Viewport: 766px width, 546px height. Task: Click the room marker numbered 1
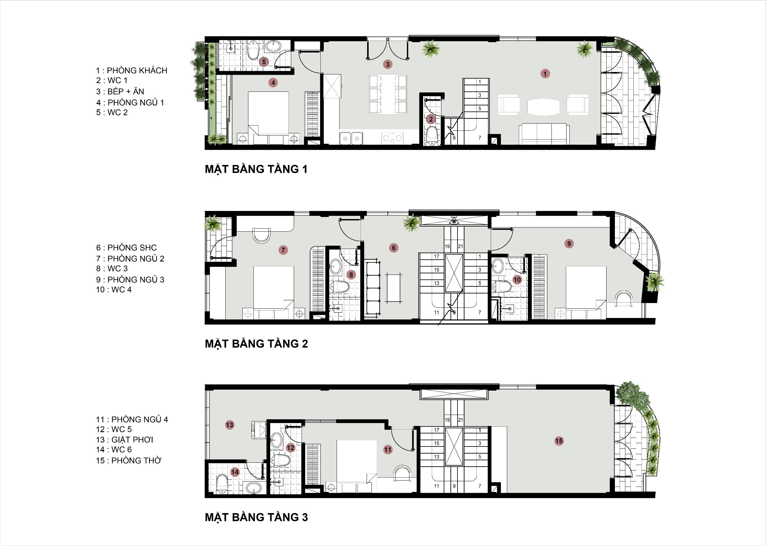coord(545,73)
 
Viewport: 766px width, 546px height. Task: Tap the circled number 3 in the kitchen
coord(388,64)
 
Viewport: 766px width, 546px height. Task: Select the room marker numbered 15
coord(559,441)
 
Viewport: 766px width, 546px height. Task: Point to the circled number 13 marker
coord(230,425)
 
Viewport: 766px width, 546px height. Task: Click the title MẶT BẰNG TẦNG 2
coord(256,344)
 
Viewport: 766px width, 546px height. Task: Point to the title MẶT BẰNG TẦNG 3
coord(256,517)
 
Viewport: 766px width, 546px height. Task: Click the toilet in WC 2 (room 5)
coord(253,50)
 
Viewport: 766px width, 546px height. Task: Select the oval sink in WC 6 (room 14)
coord(253,487)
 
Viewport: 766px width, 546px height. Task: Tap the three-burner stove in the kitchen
coord(392,137)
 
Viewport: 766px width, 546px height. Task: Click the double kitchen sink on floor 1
coord(351,138)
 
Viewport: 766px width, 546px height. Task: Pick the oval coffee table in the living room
coord(543,107)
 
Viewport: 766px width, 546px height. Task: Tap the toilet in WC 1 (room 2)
coord(431,135)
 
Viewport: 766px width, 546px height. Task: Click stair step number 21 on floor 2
coord(460,246)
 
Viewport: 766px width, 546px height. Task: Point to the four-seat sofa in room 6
coord(372,288)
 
